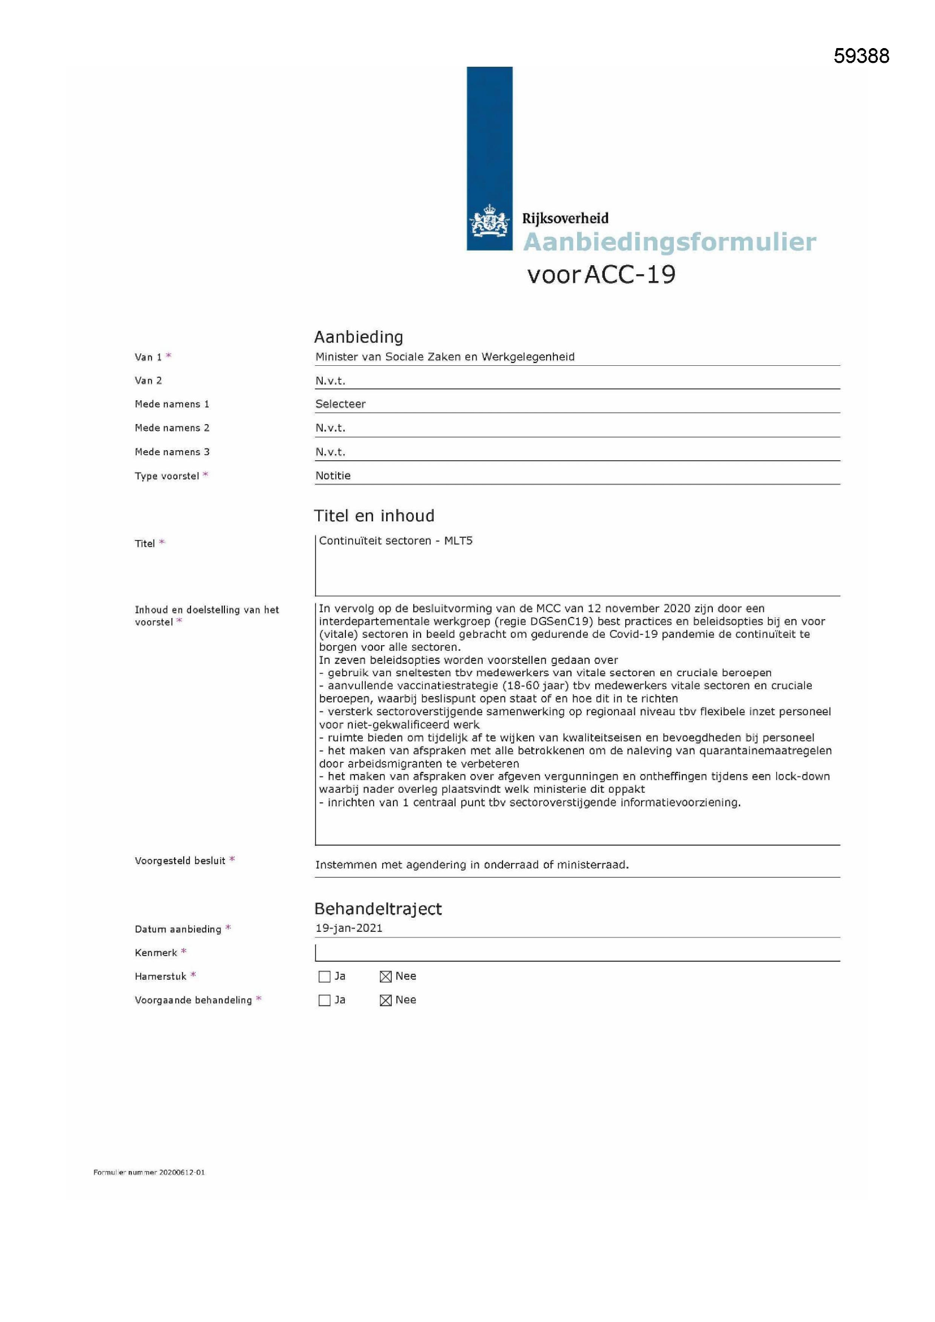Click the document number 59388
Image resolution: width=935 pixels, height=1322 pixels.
tap(861, 56)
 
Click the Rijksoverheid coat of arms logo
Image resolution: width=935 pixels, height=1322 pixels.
tap(490, 221)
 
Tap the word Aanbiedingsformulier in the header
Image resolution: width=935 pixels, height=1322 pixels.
tap(669, 242)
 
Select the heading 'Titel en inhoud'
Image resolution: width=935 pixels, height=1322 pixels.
tap(374, 515)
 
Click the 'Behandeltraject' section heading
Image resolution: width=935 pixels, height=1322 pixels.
tap(378, 909)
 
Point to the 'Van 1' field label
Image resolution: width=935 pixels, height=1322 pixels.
tap(149, 357)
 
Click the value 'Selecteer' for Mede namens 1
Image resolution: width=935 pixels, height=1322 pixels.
tap(340, 404)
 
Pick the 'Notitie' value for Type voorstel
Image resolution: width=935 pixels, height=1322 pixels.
tap(333, 476)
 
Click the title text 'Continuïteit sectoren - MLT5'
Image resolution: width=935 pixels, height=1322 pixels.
tap(396, 541)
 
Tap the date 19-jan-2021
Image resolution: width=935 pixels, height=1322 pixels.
tap(349, 927)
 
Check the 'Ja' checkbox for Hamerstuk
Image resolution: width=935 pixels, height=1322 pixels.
tap(324, 977)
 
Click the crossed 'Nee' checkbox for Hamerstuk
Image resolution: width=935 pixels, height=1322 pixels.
tap(386, 977)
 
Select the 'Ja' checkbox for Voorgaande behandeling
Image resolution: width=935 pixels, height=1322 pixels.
tap(324, 1000)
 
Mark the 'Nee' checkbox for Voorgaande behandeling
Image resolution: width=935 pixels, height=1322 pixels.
tap(386, 1000)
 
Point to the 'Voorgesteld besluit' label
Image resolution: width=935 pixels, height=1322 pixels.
tap(180, 861)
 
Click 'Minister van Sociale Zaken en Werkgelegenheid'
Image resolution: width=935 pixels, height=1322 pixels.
tap(444, 357)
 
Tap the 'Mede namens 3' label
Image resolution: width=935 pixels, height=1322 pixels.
tap(172, 452)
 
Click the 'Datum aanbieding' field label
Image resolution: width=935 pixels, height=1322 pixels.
tap(178, 929)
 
